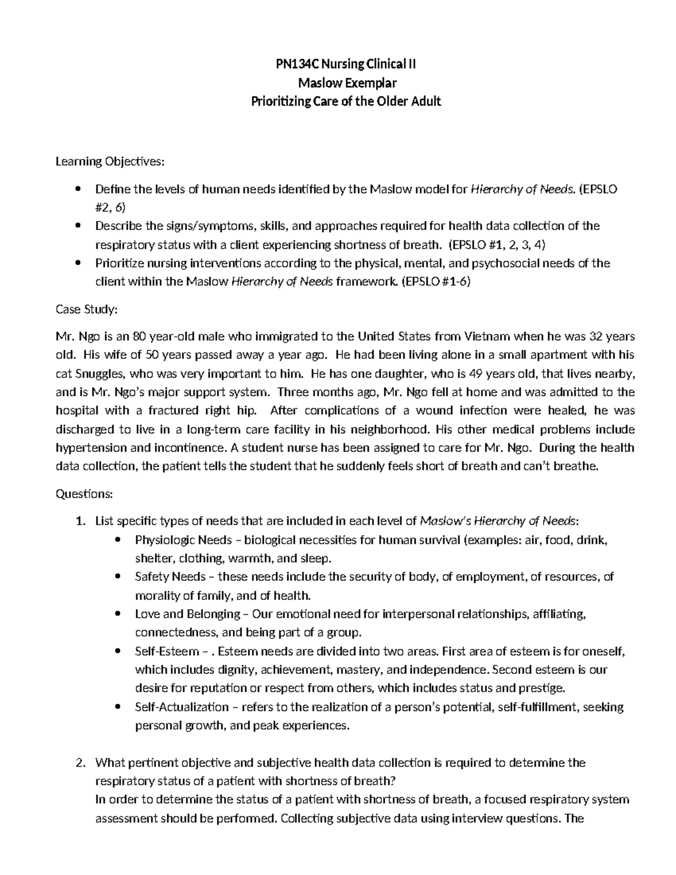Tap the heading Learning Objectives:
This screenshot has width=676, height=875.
(x=110, y=162)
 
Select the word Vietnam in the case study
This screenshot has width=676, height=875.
(x=488, y=336)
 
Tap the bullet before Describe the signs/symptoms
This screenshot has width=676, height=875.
(x=78, y=226)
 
